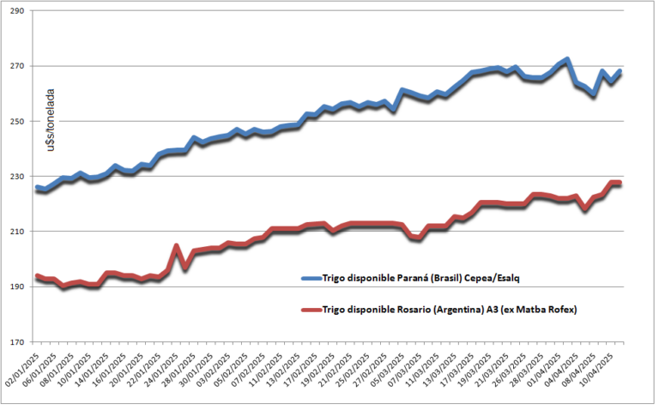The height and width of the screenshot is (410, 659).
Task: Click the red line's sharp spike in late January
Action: pyautogui.click(x=175, y=246)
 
